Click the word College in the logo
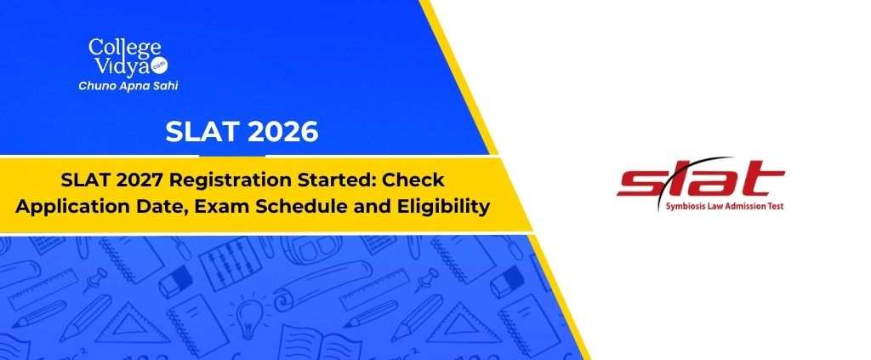[124, 48]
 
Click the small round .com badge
[161, 66]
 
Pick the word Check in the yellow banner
[411, 180]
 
